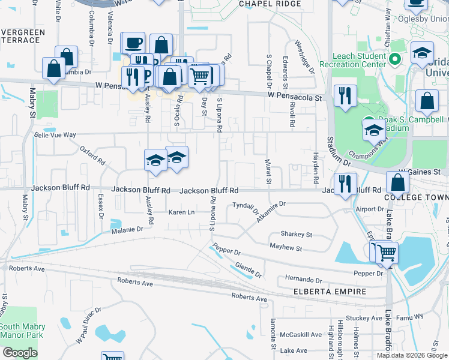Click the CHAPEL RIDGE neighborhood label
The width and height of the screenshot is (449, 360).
(x=269, y=4)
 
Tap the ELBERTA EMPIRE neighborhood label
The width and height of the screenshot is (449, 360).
(x=330, y=292)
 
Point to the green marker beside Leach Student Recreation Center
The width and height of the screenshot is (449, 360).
(x=395, y=59)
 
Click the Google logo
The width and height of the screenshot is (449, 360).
(x=20, y=353)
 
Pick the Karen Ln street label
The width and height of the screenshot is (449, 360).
(x=182, y=212)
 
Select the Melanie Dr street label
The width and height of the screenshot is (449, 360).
(x=127, y=229)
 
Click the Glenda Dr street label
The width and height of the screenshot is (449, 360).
(x=247, y=270)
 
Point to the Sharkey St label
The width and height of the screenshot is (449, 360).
(x=297, y=235)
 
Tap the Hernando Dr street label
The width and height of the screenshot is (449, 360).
(x=304, y=280)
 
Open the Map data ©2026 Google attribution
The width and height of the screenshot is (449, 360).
(x=412, y=355)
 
